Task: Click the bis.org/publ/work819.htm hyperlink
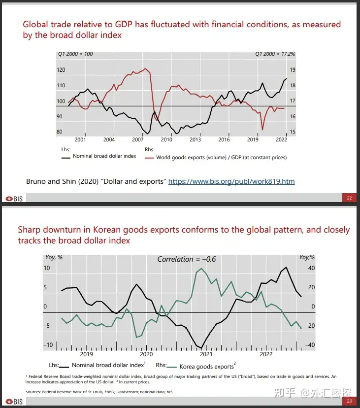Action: click(x=231, y=181)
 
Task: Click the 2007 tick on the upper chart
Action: click(x=138, y=140)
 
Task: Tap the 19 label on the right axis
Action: click(x=292, y=70)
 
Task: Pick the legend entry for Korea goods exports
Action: click(x=206, y=367)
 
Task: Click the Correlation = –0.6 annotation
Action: click(x=187, y=259)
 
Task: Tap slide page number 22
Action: click(x=349, y=198)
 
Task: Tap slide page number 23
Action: click(x=349, y=401)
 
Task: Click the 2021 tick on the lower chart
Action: click(x=206, y=354)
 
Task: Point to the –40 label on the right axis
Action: click(x=309, y=345)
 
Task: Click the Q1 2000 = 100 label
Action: click(x=75, y=54)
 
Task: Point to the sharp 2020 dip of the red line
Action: click(x=262, y=130)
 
